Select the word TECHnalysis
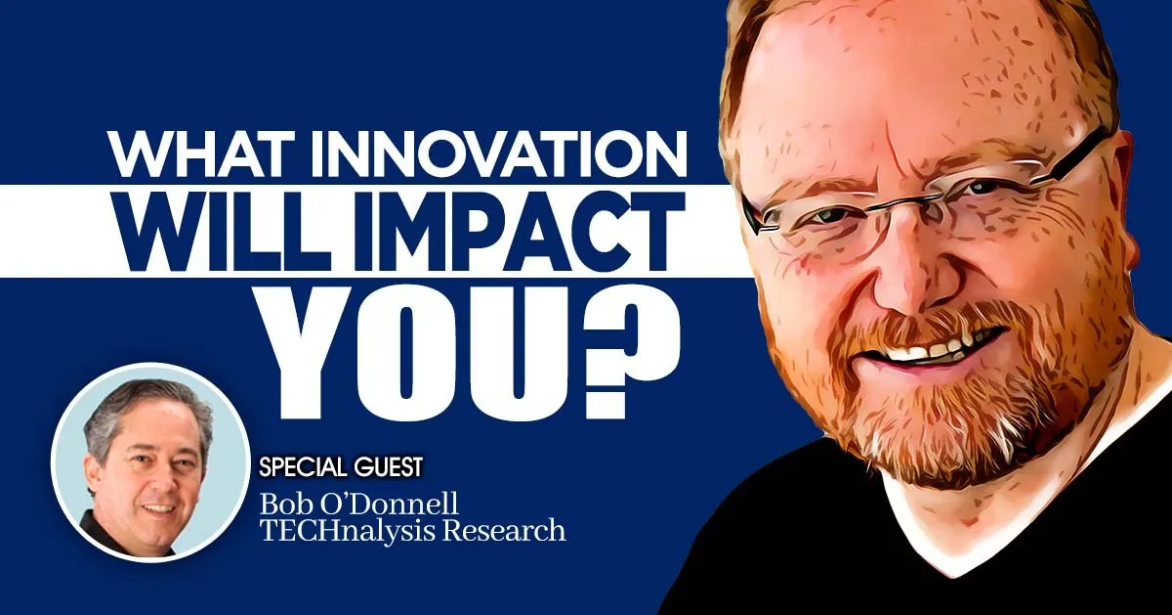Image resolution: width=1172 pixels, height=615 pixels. (x=365, y=531)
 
